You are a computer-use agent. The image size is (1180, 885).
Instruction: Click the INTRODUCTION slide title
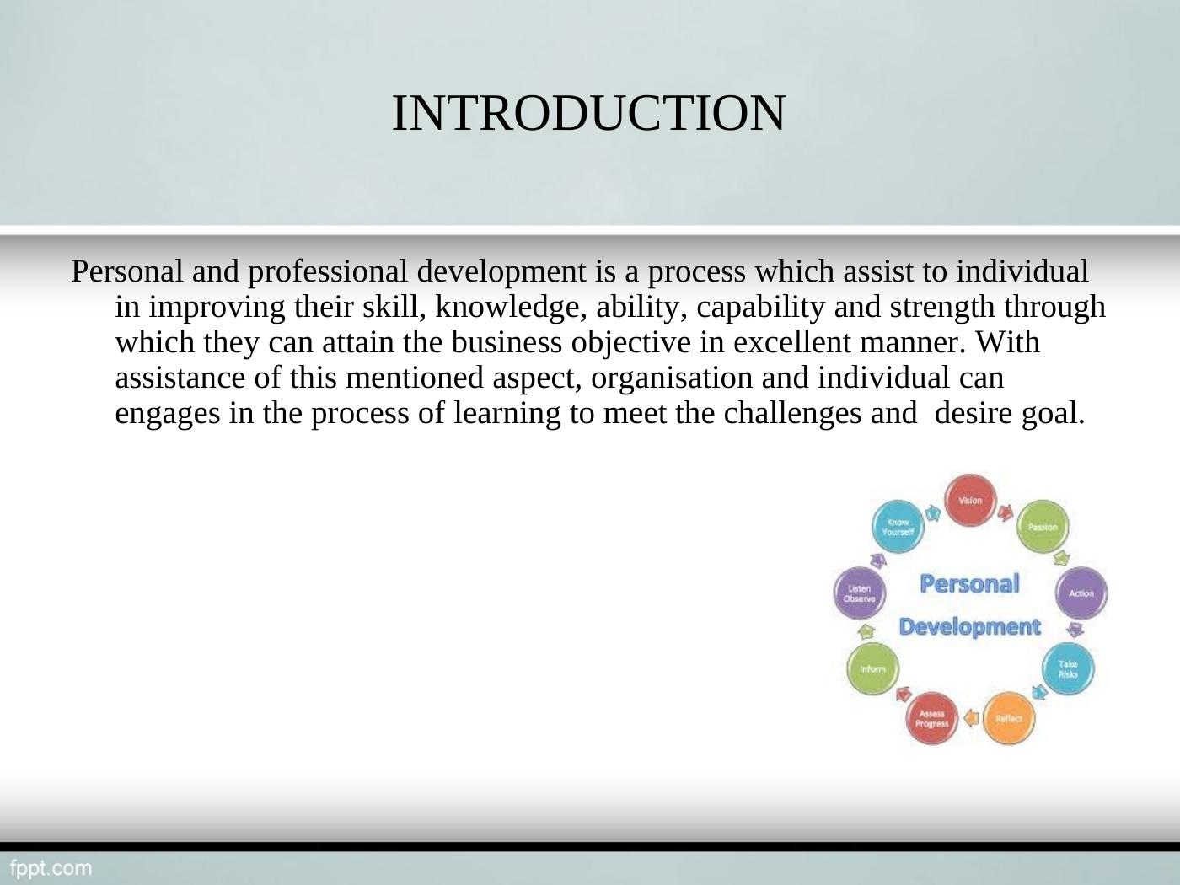(588, 113)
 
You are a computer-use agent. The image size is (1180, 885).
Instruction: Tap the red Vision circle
(970, 501)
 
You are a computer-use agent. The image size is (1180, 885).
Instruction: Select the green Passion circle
(1043, 527)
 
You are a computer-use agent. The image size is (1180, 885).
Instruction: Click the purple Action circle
(1081, 593)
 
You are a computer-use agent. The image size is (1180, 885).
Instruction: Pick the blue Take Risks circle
(1068, 669)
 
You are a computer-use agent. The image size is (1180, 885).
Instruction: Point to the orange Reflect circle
(1009, 718)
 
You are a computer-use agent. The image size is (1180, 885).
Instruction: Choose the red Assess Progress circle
(931, 718)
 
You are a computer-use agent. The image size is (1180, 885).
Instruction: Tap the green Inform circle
(872, 669)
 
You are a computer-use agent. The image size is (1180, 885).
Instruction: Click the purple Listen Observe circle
(860, 593)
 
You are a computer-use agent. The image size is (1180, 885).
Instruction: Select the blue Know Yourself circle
(898, 527)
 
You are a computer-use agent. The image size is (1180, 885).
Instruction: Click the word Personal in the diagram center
(970, 584)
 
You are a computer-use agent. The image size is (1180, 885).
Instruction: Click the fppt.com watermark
(51, 869)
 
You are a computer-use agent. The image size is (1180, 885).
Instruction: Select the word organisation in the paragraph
(672, 378)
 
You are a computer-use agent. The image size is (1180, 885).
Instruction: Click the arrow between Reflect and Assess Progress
(970, 718)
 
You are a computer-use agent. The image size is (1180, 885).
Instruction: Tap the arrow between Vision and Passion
(1006, 513)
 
